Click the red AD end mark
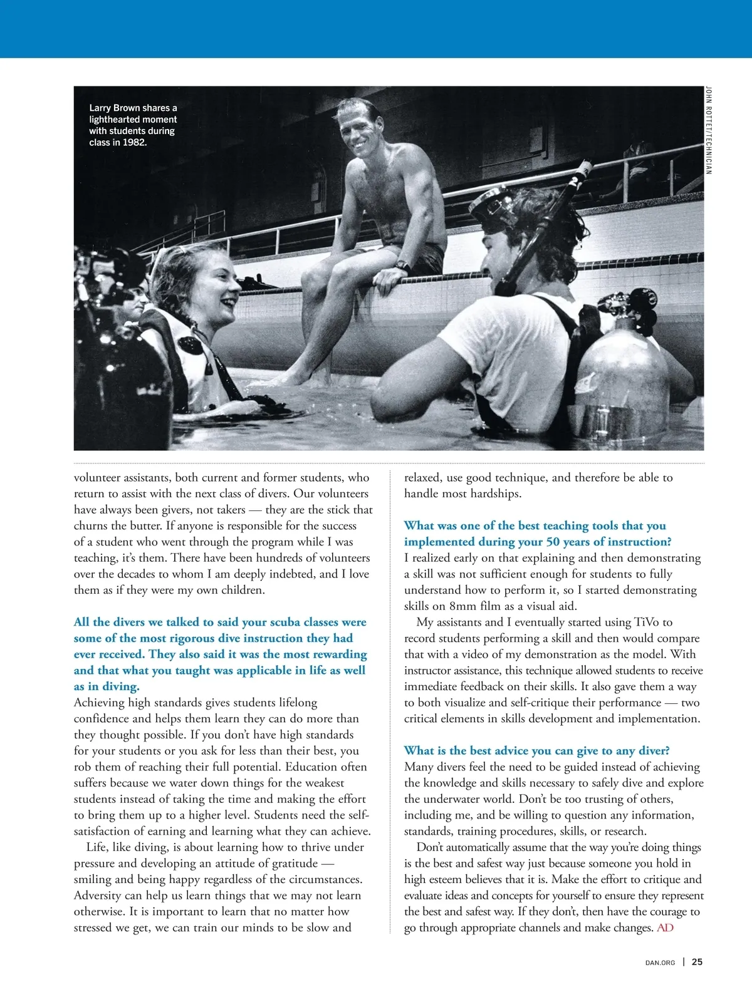tap(665, 927)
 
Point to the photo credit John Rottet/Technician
tap(708, 130)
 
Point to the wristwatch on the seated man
tap(403, 266)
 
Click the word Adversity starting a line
tap(98, 896)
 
